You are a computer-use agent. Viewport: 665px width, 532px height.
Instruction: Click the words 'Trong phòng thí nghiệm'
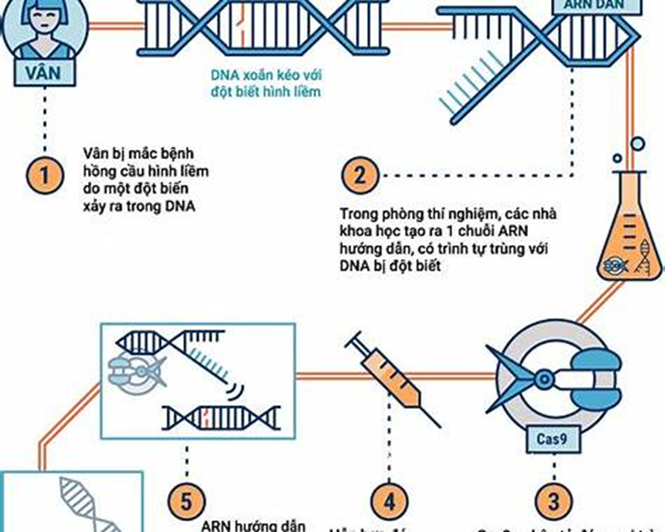pyautogui.click(x=396, y=215)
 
